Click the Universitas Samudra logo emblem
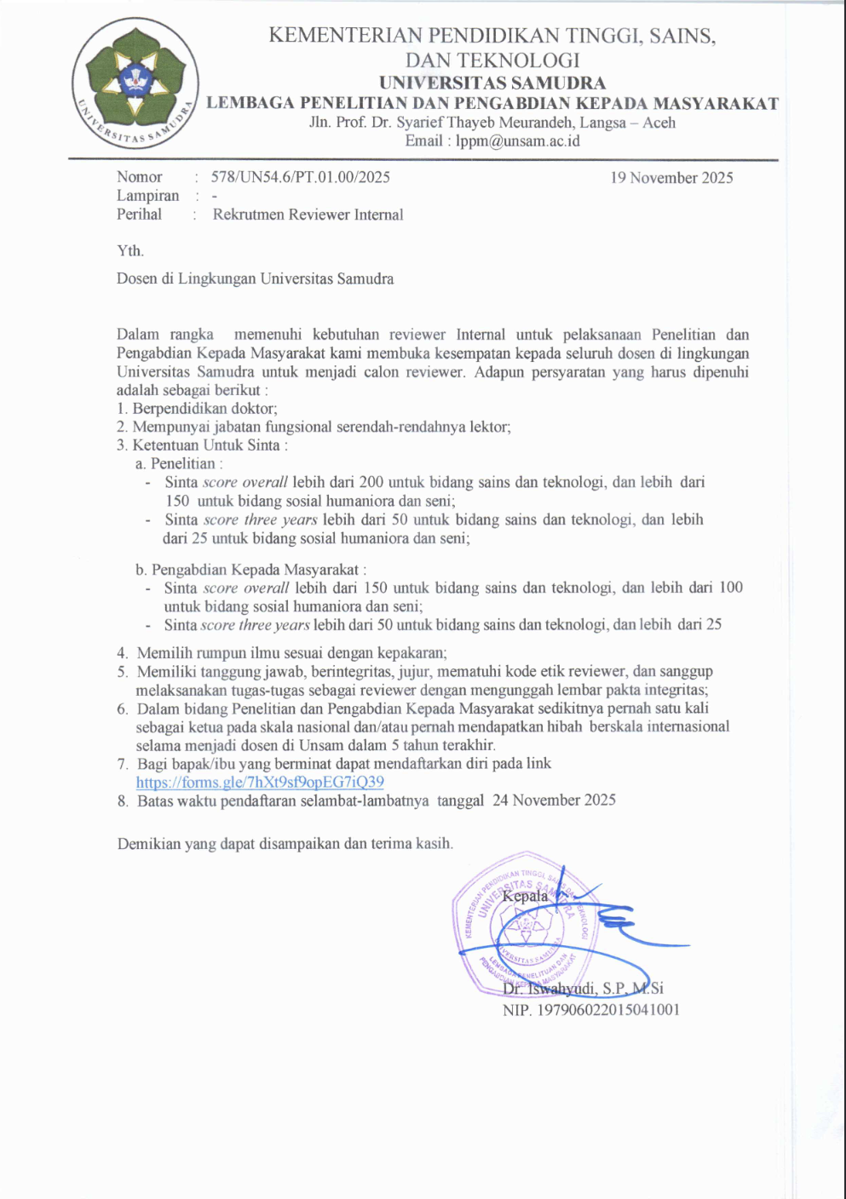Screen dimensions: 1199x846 tap(135, 83)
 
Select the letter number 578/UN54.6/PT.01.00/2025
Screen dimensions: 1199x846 tap(301, 177)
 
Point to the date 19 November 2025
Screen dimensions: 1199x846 tap(671, 178)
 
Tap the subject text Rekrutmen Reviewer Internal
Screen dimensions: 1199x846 tap(308, 215)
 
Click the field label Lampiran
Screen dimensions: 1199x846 tap(147, 196)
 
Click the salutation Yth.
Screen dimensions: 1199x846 tap(130, 251)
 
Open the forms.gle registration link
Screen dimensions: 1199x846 tap(260, 782)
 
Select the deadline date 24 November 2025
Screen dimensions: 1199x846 tap(554, 800)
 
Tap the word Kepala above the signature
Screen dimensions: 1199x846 tap(525, 896)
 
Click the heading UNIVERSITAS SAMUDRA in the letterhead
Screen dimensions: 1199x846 tap(492, 83)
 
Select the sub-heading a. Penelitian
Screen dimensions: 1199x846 tap(179, 464)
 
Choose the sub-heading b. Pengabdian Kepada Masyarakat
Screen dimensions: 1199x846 tap(250, 570)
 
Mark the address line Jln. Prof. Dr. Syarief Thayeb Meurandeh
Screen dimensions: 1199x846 tap(492, 123)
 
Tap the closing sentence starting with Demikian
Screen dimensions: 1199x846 tap(285, 844)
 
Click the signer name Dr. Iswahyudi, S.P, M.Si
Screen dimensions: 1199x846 tap(583, 989)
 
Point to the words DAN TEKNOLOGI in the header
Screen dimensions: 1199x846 tap(492, 60)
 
